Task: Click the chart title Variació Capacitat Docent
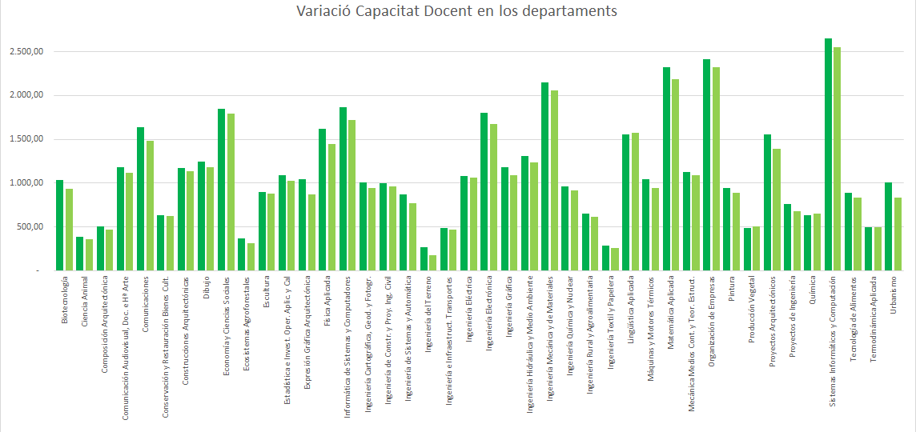(457, 11)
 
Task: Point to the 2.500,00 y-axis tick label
(26, 52)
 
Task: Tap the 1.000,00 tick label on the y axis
(26, 183)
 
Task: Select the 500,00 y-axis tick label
(30, 227)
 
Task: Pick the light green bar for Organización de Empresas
(716, 169)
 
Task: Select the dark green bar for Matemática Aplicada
(666, 169)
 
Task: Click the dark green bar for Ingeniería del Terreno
(424, 259)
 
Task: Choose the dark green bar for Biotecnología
(60, 226)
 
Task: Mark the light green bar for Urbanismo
(898, 234)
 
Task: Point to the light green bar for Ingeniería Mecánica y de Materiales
(554, 180)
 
